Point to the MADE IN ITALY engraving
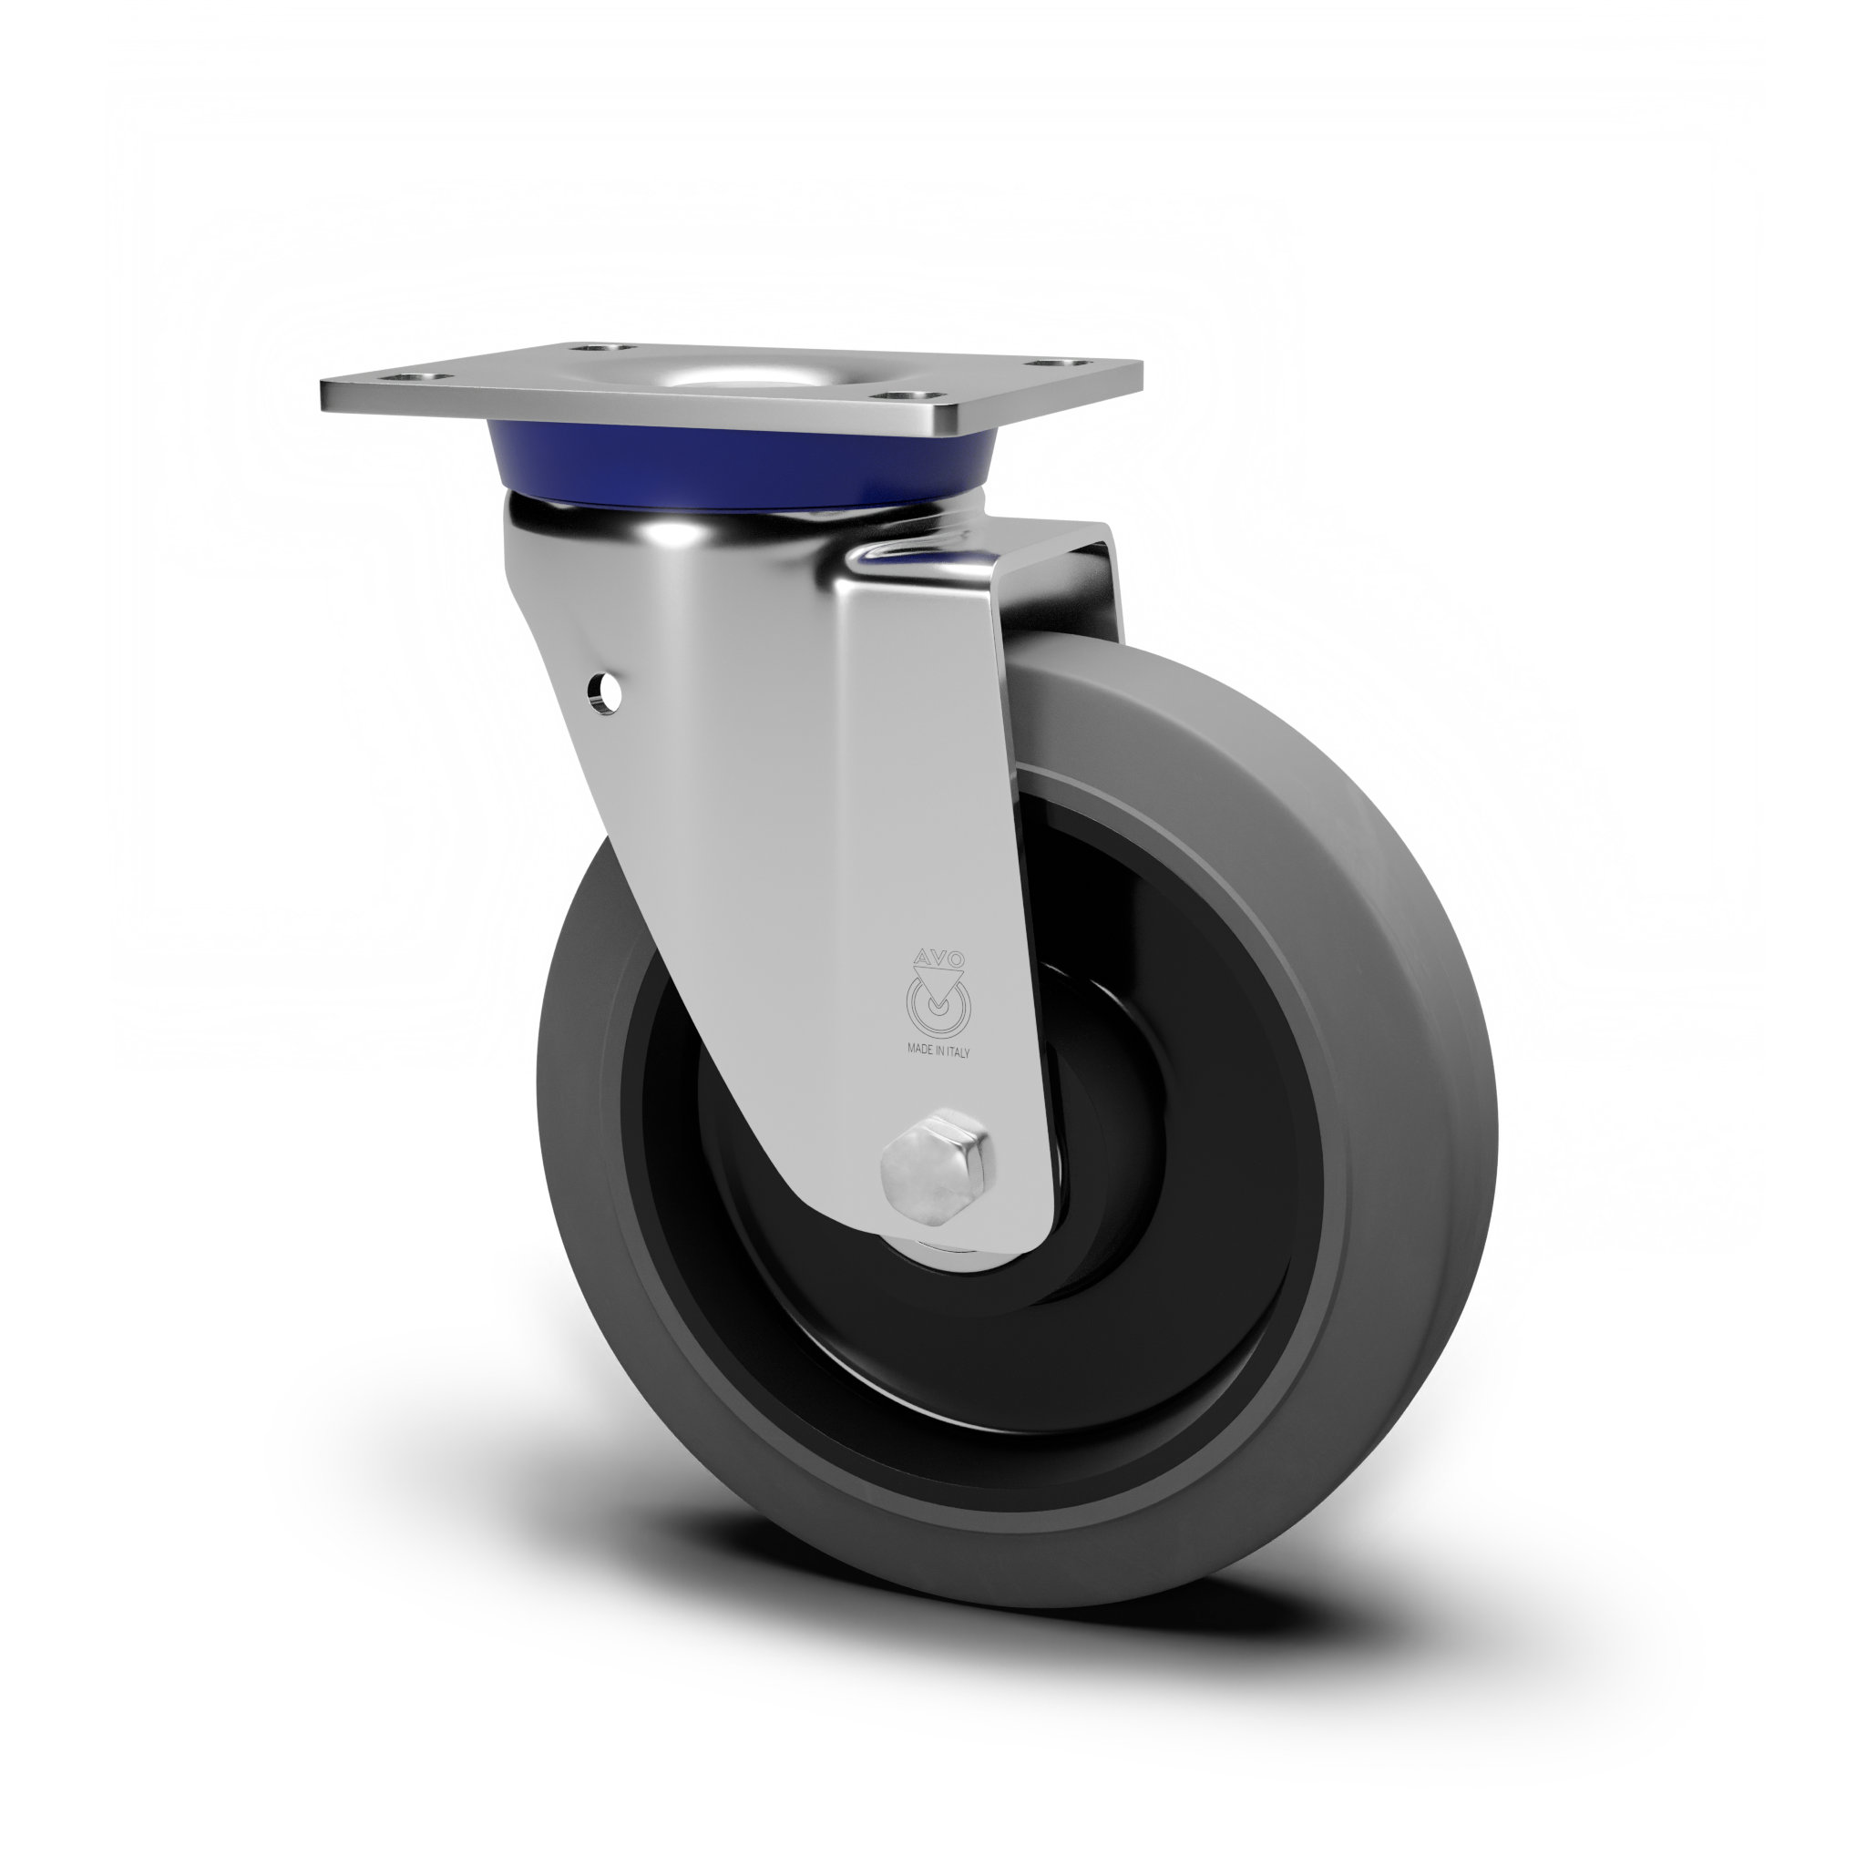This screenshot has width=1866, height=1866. click(938, 1052)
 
